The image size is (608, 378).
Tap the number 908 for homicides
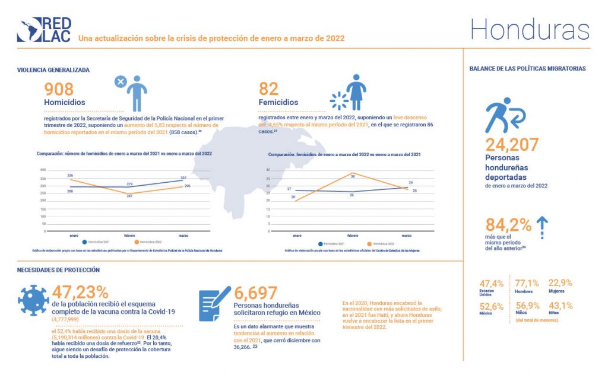point(59,89)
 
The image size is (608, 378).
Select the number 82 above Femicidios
point(269,89)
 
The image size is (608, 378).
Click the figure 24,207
point(512,144)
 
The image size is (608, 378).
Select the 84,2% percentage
point(508,225)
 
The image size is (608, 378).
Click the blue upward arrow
point(542,225)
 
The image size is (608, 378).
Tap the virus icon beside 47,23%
point(33,301)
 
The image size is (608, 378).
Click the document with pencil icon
point(214,304)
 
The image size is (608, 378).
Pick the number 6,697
point(255,293)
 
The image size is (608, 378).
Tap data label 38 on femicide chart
point(352,176)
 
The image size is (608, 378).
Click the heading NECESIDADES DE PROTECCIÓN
point(58,270)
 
